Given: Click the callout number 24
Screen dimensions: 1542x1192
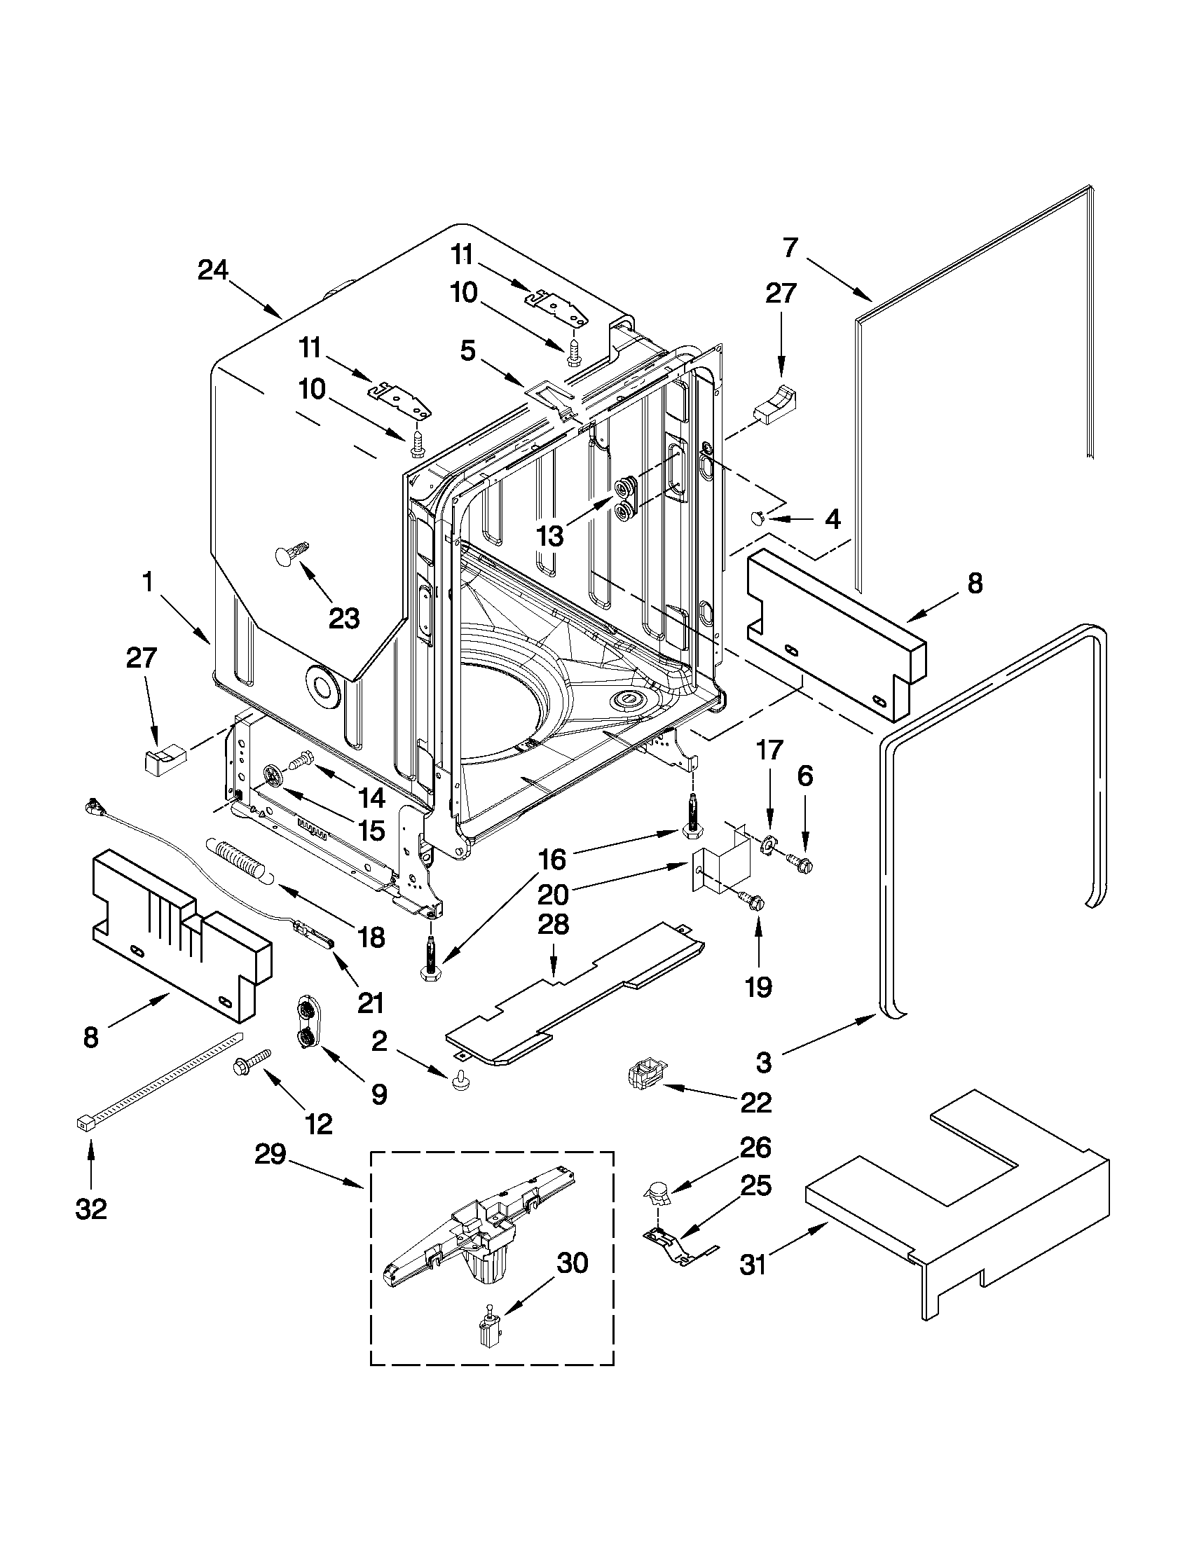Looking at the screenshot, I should (212, 270).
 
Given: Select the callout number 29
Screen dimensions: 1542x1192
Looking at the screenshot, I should (270, 1155).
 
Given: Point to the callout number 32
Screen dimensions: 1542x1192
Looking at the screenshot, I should (91, 1209).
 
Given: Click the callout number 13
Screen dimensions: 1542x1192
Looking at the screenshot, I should (550, 536).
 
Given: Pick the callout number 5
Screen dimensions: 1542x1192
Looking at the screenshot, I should (467, 352).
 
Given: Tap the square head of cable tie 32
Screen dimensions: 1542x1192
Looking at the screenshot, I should (84, 1123).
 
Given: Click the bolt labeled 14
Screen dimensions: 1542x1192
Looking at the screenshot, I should (300, 761).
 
